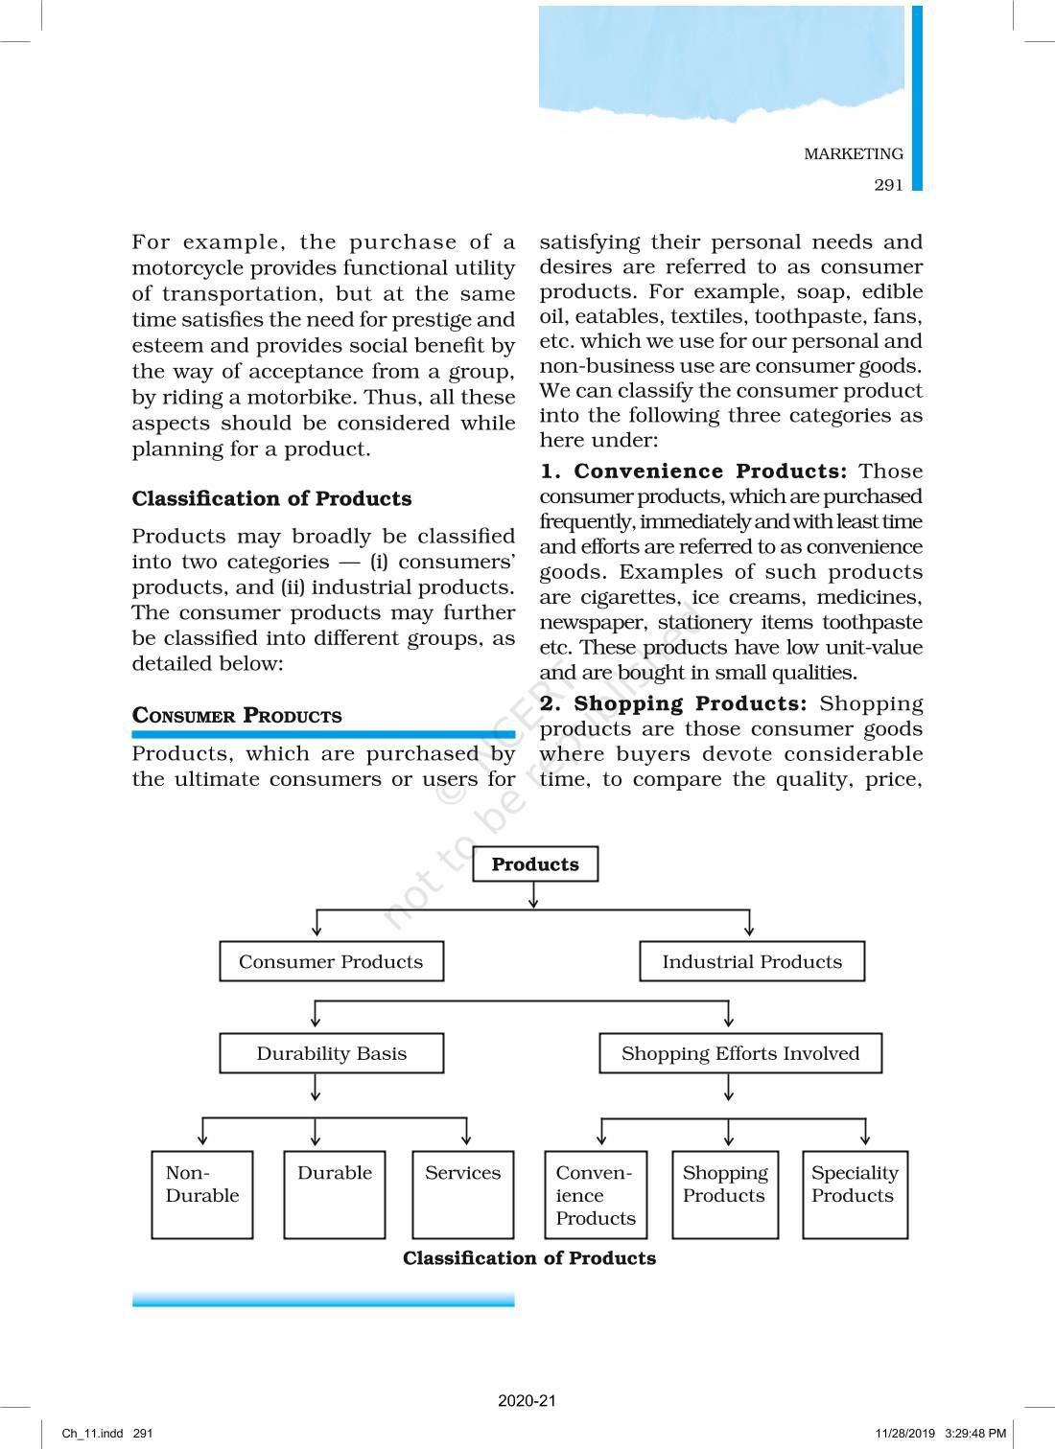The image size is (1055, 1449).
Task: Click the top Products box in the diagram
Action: (535, 863)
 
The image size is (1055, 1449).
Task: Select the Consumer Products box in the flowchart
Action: (331, 961)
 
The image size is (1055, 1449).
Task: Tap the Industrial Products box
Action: (752, 961)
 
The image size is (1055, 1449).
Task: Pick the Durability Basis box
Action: (331, 1053)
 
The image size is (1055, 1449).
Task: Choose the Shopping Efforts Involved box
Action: (739, 1053)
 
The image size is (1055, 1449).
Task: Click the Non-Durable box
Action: (202, 1194)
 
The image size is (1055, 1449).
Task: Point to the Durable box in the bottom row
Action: (335, 1194)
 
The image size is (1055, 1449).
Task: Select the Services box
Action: (463, 1194)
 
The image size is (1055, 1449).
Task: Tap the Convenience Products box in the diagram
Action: (596, 1194)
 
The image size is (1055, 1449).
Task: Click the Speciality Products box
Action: (855, 1194)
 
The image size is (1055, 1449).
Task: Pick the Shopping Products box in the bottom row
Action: (724, 1194)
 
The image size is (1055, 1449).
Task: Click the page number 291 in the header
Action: (888, 185)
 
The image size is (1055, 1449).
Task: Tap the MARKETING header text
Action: (854, 154)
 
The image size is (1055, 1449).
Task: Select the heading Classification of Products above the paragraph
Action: (271, 498)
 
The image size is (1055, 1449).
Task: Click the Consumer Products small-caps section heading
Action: (237, 716)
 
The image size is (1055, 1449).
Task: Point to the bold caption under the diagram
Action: (529, 1258)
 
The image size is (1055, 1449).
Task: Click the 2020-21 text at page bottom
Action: (527, 1400)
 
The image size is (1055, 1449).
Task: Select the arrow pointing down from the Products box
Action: (533, 895)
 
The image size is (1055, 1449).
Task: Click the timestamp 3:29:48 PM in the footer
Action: (975, 1434)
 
